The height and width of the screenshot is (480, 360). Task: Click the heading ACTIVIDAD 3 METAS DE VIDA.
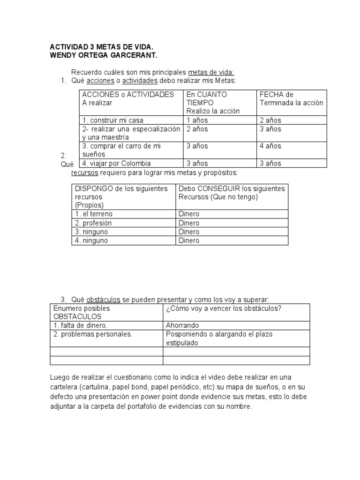[101, 47]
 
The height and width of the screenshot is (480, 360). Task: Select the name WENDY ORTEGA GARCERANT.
[104, 56]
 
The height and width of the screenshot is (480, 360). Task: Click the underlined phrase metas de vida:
[210, 72]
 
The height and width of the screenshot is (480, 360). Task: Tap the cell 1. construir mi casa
[112, 120]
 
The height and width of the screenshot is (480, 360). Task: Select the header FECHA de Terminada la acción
[291, 98]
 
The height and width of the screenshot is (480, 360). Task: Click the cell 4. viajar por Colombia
[116, 163]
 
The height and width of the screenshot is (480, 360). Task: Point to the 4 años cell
[270, 146]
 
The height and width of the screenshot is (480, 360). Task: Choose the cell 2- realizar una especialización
[130, 129]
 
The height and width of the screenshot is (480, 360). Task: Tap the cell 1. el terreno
[94, 214]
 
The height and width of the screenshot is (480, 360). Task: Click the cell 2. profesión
[93, 223]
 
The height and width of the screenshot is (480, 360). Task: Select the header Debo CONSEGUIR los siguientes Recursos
[232, 193]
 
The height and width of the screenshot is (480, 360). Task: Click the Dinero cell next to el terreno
[189, 214]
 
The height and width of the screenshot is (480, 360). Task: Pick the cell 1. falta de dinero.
[81, 325]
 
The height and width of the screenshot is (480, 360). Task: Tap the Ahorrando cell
[182, 325]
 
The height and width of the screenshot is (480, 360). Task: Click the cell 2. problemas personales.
[93, 334]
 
